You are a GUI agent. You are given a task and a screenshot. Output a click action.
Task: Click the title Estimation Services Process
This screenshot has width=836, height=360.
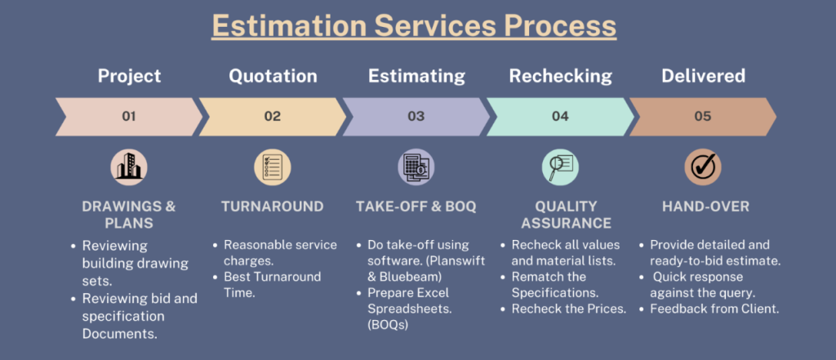[x=414, y=26]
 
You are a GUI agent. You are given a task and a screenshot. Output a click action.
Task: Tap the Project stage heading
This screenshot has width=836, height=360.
[x=129, y=76]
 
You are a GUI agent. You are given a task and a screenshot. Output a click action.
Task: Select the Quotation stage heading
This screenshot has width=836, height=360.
[x=273, y=76]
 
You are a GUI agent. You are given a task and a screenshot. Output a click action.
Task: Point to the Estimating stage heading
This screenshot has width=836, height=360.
[x=416, y=76]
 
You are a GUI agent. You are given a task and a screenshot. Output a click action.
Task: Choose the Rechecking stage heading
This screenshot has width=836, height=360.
[x=560, y=76]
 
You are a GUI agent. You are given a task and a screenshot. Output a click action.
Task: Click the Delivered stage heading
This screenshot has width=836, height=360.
[x=703, y=76]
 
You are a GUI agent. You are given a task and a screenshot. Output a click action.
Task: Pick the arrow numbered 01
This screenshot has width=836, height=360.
[x=129, y=116]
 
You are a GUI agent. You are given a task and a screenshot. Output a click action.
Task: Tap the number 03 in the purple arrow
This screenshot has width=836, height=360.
[x=416, y=116]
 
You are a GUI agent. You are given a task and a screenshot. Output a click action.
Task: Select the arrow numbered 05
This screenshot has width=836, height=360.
[x=703, y=116]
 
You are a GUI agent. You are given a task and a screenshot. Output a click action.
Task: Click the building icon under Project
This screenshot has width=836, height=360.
[x=129, y=167]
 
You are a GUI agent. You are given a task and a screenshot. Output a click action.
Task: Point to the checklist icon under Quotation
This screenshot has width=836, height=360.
[x=273, y=167]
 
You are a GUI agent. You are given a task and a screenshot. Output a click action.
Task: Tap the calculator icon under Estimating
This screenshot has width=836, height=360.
[x=416, y=167]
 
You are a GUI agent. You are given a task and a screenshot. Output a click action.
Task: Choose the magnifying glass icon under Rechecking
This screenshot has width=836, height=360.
[x=560, y=167]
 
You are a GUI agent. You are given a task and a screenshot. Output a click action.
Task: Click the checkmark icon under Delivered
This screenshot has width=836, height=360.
[x=703, y=167]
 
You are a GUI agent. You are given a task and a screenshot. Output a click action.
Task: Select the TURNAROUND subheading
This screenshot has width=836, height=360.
[x=273, y=207]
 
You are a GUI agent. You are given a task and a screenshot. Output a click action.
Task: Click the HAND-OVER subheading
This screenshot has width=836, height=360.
[x=705, y=207]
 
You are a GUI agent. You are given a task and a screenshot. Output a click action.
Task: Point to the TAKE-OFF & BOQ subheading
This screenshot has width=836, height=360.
[x=416, y=207]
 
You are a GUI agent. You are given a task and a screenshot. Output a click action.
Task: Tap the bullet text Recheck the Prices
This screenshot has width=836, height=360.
[x=568, y=309]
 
